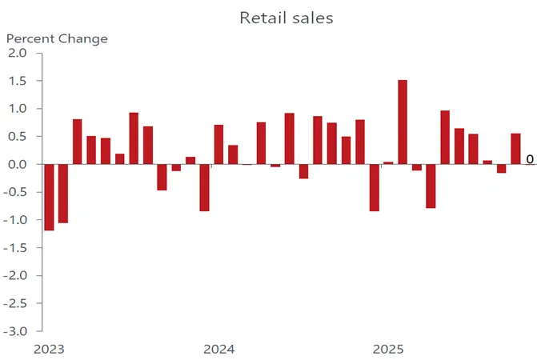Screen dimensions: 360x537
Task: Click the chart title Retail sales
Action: [x=285, y=18]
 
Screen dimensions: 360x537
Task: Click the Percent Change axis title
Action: [x=57, y=38]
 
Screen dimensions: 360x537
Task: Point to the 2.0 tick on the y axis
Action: [x=17, y=53]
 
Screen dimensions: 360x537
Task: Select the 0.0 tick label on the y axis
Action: [x=17, y=164]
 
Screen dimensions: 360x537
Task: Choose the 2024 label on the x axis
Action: [x=218, y=350]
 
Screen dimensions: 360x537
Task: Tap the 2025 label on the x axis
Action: [x=389, y=350]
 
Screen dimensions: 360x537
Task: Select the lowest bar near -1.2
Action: [x=49, y=197]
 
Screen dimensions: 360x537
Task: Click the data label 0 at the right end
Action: [x=530, y=160]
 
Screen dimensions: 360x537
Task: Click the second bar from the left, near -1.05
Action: [x=63, y=193]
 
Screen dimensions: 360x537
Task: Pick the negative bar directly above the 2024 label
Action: [x=205, y=187]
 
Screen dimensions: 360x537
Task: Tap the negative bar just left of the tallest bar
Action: [x=375, y=187]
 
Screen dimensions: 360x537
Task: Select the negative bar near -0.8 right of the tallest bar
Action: [x=431, y=186]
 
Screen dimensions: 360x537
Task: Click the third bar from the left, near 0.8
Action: [x=78, y=142]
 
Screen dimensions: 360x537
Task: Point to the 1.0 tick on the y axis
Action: [x=17, y=109]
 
